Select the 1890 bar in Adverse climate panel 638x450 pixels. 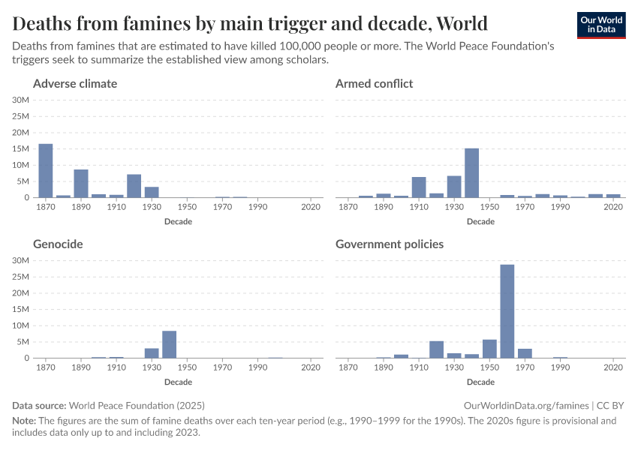[81, 184]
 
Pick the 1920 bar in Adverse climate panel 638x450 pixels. [134, 186]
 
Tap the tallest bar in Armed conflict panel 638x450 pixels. [471, 173]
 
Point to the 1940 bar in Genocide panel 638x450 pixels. [169, 345]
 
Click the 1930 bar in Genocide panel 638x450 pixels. [152, 353]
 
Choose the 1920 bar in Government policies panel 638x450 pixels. [436, 349]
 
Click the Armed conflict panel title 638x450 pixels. [374, 83]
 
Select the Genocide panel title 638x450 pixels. [58, 244]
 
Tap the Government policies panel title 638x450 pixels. [390, 244]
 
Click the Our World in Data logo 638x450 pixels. [600, 24]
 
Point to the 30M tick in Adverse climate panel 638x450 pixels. [21, 100]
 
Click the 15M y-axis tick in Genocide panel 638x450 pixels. [21, 309]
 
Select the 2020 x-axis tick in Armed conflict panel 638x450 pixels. [613, 207]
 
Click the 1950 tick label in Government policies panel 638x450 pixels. [489, 367]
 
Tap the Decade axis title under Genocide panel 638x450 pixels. [178, 382]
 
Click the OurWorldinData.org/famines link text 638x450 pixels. [533, 405]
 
